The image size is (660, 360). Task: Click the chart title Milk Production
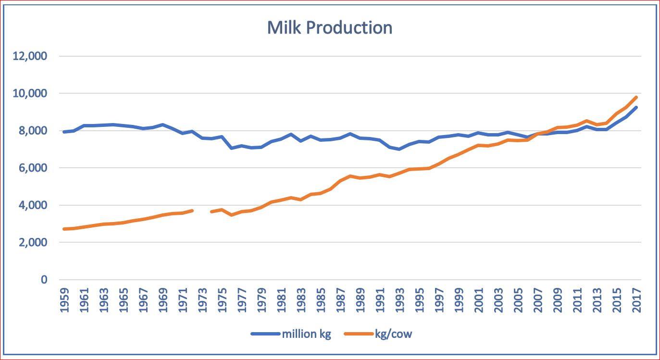(x=329, y=27)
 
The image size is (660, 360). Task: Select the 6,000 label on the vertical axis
(x=32, y=168)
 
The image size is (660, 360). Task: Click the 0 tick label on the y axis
(x=44, y=280)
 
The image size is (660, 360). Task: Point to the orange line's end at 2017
(x=636, y=97)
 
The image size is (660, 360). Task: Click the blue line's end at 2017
(x=636, y=108)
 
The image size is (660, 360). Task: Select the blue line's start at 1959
(x=64, y=132)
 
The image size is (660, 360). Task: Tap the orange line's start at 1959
(x=64, y=229)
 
